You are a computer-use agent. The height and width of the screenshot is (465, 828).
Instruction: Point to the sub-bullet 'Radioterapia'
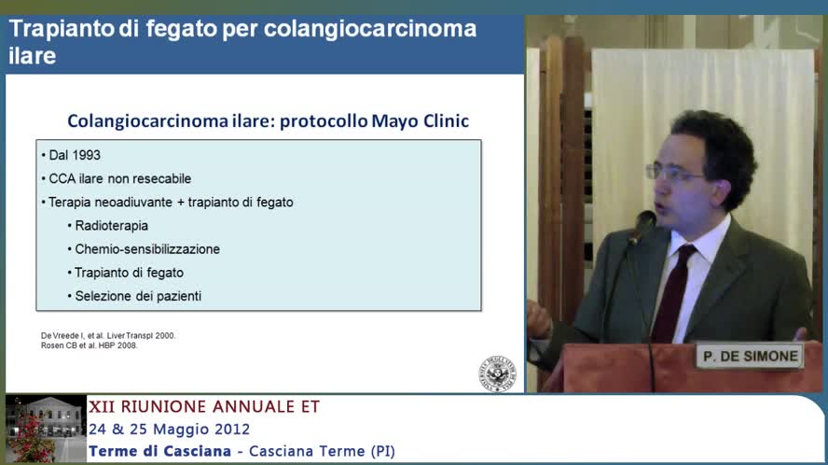coord(111,226)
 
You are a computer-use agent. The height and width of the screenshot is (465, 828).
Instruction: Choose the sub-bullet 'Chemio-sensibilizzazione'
coord(147,249)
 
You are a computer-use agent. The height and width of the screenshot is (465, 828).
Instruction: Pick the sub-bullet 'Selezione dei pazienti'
coord(138,297)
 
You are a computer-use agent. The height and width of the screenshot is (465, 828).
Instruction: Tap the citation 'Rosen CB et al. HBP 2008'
coord(90,345)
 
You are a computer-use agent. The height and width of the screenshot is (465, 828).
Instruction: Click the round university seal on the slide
coord(494,374)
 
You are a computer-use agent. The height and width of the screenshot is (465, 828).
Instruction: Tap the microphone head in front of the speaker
coord(642,225)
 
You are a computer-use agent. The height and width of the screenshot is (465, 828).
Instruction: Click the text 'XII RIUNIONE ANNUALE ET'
coord(204,407)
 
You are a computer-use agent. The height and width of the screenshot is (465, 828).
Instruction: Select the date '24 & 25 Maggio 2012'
coord(170,430)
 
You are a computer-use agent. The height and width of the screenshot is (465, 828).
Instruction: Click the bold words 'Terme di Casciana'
coord(159,452)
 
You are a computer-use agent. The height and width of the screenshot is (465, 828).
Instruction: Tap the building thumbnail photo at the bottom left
coord(45,429)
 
